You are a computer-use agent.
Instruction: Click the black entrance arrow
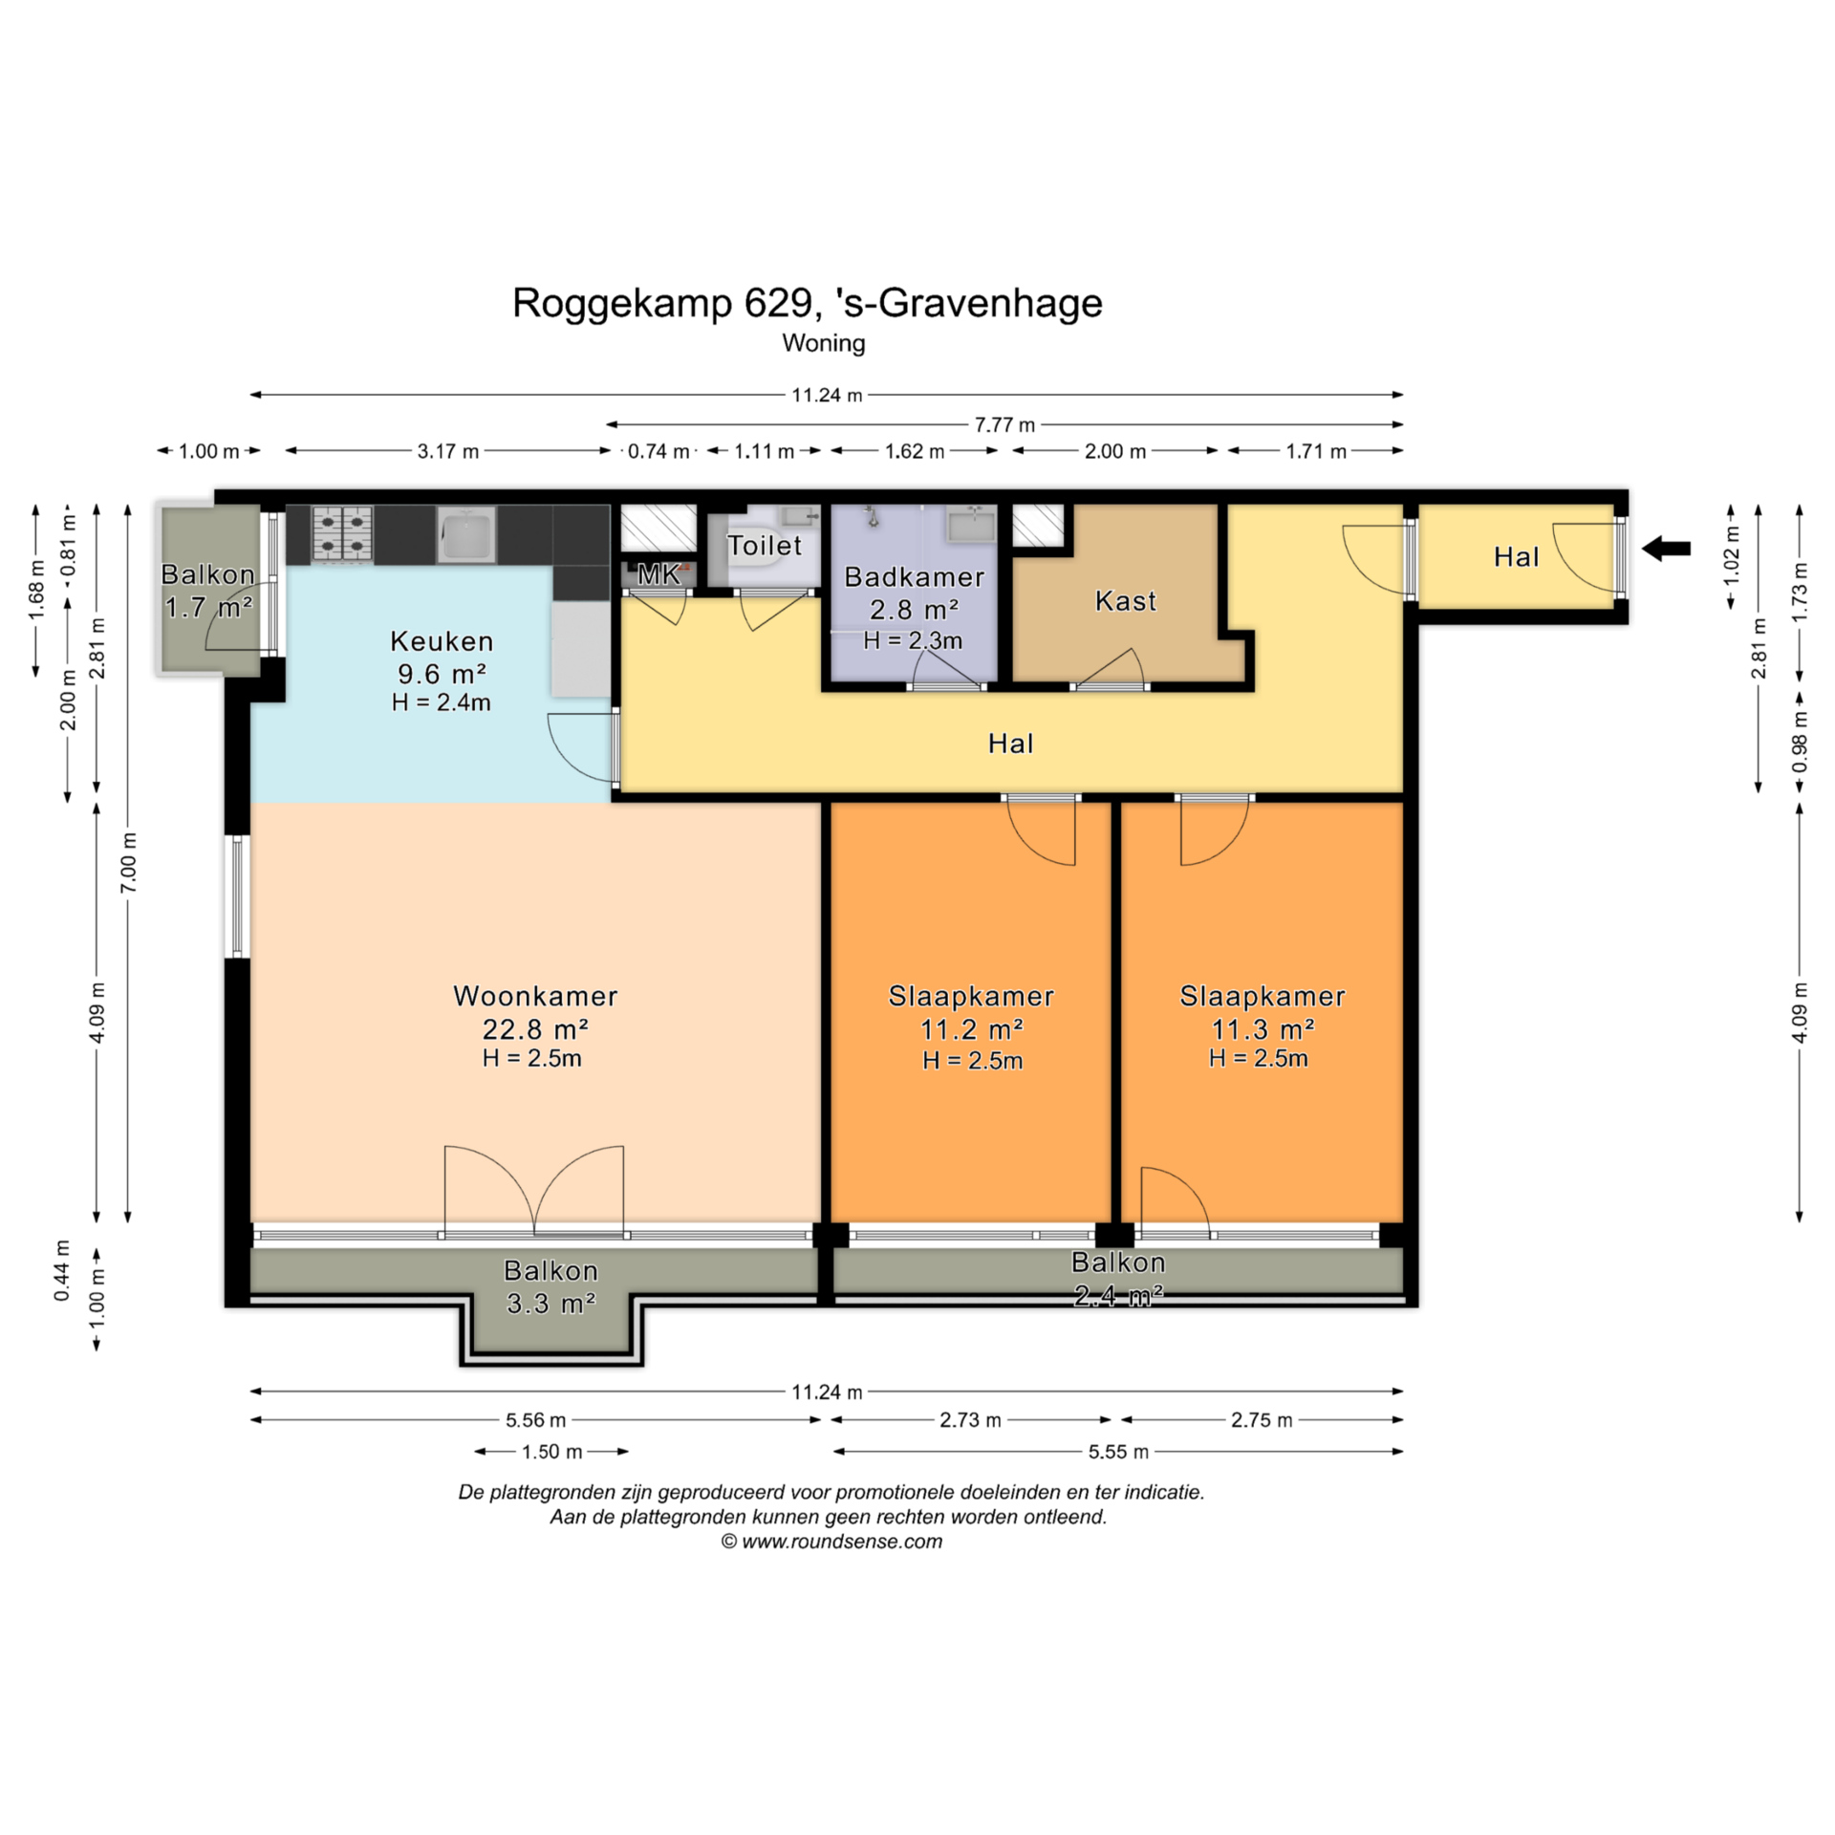(x=1666, y=549)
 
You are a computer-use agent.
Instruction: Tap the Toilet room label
(x=765, y=546)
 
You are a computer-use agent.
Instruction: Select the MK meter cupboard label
(x=658, y=573)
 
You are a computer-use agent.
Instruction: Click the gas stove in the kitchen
(x=342, y=533)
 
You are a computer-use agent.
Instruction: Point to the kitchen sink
(x=466, y=534)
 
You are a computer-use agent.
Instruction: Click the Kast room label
(x=1126, y=601)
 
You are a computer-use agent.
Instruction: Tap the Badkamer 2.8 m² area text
(x=915, y=610)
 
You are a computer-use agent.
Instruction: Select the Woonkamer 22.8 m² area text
(x=535, y=1029)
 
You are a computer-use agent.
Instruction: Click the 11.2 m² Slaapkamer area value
(x=972, y=1029)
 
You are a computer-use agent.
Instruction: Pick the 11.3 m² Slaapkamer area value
(x=1263, y=1029)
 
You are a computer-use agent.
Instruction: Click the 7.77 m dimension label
(x=1004, y=424)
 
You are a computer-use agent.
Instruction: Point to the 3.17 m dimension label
(x=447, y=451)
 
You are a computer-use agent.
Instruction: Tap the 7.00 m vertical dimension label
(x=129, y=863)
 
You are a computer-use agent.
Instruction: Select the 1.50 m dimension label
(x=551, y=1452)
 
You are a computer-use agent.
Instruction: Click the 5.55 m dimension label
(x=1118, y=1452)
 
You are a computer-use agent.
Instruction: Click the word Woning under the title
(x=824, y=343)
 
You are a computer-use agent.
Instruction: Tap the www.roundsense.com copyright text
(x=842, y=1542)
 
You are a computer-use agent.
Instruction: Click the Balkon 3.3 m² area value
(x=551, y=1304)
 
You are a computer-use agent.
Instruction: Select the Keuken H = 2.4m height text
(x=442, y=702)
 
